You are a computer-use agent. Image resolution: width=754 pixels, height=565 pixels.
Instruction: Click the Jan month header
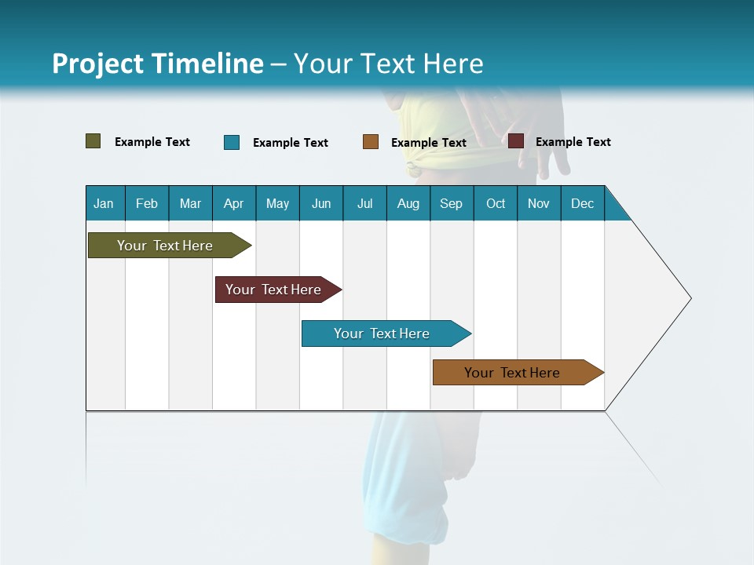[x=104, y=204]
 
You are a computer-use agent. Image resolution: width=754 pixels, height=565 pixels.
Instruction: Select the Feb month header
[x=147, y=204]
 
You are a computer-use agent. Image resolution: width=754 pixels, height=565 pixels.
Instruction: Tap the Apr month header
[x=233, y=204]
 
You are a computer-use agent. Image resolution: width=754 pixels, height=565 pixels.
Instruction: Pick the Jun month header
[x=321, y=204]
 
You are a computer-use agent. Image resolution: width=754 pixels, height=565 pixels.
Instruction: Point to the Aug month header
[x=408, y=204]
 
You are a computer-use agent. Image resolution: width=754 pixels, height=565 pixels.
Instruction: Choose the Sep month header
[x=451, y=204]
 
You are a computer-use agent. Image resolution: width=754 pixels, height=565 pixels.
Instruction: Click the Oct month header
[x=496, y=204]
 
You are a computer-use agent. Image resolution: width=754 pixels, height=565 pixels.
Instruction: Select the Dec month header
[x=582, y=204]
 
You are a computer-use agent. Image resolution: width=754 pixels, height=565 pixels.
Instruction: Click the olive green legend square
[x=93, y=141]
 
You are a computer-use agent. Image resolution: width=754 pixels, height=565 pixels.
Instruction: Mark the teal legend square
[x=232, y=142]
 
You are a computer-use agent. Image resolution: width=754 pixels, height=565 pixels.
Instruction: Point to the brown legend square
[x=371, y=142]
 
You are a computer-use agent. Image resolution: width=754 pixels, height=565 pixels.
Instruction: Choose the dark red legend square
[x=516, y=141]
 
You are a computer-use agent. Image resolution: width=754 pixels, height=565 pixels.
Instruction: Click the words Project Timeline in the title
[x=158, y=64]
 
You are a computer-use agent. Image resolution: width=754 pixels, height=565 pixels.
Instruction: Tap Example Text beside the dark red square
[x=573, y=142]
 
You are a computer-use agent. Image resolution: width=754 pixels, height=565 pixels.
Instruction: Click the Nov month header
[x=538, y=204]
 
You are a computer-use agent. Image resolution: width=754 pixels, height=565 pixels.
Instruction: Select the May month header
[x=277, y=204]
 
